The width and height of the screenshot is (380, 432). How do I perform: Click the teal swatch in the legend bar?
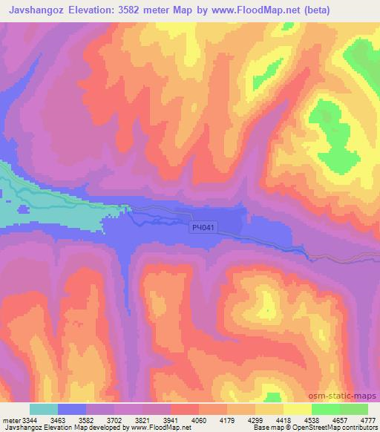pos(44,409)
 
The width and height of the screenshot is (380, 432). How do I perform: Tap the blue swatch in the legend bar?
pos(72,409)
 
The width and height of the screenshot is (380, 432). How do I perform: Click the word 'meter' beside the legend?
pos(10,420)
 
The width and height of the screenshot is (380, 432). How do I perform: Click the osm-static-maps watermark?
pos(349,395)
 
